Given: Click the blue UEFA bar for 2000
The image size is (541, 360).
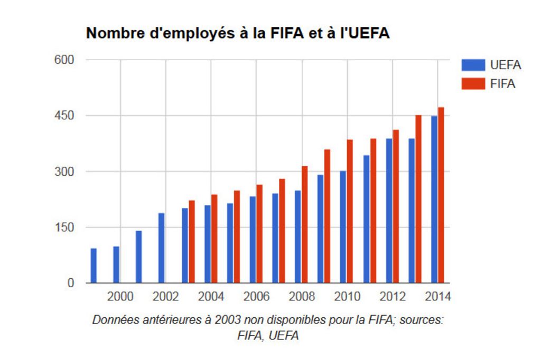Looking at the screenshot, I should tap(116, 264).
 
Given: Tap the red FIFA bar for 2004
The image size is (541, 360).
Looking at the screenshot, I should tap(214, 239).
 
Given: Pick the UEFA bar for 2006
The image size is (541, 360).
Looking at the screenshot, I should tap(253, 240).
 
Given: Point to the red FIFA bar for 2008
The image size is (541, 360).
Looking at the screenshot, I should tap(304, 224).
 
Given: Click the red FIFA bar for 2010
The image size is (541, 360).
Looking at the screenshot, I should tap(350, 211).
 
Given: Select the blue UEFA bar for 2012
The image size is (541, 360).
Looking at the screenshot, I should tap(389, 211).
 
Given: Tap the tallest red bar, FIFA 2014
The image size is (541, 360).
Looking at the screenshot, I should tap(441, 195).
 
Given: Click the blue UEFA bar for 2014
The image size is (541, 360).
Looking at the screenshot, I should tap(434, 200).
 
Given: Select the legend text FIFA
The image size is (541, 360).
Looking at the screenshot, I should tap(502, 83).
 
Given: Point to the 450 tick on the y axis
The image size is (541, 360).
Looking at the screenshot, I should tap(64, 116).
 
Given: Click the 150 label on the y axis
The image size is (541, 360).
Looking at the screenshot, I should tap(64, 228).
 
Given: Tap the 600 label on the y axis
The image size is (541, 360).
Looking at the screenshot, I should tap(64, 60).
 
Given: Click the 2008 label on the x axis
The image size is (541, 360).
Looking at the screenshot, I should tap(302, 297).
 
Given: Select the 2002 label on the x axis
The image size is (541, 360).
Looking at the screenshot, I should tap(166, 297).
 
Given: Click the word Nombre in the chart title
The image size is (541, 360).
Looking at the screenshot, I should tap(111, 33).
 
